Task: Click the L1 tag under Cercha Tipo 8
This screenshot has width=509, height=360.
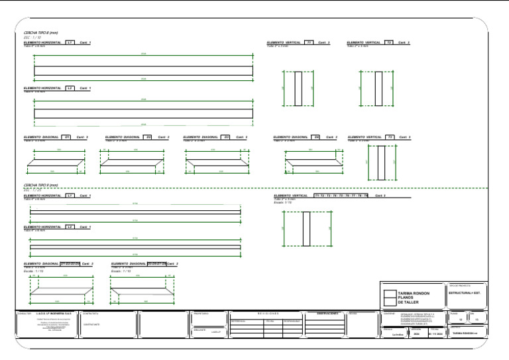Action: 70,43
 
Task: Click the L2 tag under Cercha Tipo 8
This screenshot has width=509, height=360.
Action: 70,88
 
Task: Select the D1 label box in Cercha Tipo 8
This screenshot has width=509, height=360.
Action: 67,137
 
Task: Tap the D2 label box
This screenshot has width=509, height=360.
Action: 148,137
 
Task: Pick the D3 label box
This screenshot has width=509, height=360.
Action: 226,137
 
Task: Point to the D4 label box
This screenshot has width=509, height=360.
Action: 317,137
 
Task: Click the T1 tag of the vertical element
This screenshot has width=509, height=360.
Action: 310,43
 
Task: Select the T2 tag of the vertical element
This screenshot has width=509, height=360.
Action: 390,43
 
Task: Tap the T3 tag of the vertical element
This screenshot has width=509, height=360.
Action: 390,137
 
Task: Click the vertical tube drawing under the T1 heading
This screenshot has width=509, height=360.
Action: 298,88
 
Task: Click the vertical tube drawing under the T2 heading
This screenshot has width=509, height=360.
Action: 378,88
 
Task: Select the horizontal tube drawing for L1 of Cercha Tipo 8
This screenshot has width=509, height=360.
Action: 143,70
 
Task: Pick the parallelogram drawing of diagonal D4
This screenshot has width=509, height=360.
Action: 313,163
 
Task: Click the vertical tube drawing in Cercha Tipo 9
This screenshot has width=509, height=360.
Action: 307,229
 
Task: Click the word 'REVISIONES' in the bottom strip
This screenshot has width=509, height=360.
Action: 268,313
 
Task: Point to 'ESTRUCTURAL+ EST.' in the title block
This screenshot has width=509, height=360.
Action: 468,292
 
